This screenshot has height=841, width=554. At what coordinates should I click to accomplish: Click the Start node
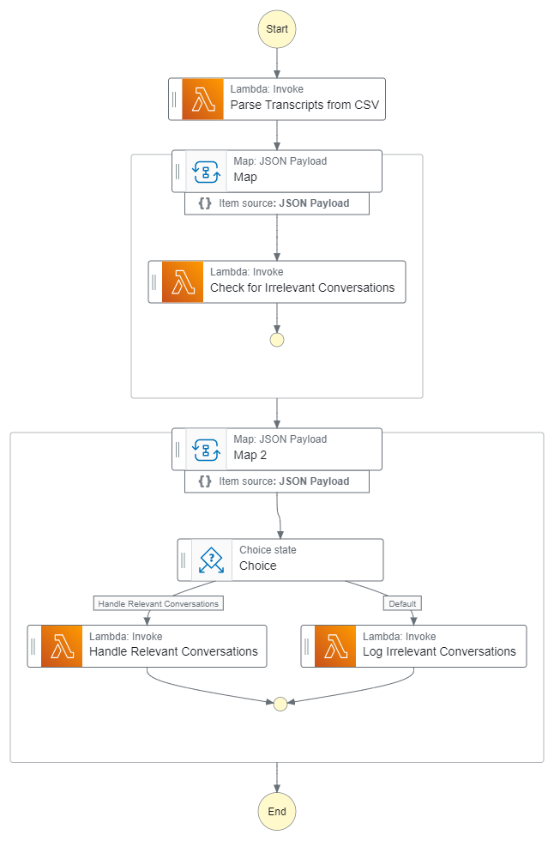[277, 28]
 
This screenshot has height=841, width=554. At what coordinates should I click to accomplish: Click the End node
[277, 811]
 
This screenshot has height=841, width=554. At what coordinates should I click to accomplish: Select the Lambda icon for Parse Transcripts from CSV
[202, 99]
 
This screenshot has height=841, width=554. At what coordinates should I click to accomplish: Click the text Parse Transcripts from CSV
[304, 107]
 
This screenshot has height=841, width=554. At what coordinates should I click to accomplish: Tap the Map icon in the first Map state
[206, 171]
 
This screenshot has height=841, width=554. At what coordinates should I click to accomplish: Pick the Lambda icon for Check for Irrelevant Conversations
[183, 281]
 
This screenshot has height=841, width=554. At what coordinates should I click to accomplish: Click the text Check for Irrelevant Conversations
[302, 288]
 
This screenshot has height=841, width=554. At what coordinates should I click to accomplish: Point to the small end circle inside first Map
[277, 340]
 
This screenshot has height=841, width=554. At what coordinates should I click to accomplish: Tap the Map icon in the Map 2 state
[206, 449]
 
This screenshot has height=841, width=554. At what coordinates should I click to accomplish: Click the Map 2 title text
[250, 456]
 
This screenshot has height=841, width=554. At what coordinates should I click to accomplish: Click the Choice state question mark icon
[211, 560]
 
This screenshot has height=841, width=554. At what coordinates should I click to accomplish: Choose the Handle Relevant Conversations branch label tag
[158, 603]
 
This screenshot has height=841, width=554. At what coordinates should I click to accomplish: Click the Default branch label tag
[402, 603]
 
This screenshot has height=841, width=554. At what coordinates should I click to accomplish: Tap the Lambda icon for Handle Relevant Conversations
[62, 646]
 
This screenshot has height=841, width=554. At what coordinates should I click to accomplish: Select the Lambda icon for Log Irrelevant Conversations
[335, 646]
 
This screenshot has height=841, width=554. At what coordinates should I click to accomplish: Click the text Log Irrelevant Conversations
[439, 652]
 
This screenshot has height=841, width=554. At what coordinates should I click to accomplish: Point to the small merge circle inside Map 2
[279, 704]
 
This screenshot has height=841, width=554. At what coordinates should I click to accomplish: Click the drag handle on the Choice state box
[184, 560]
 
